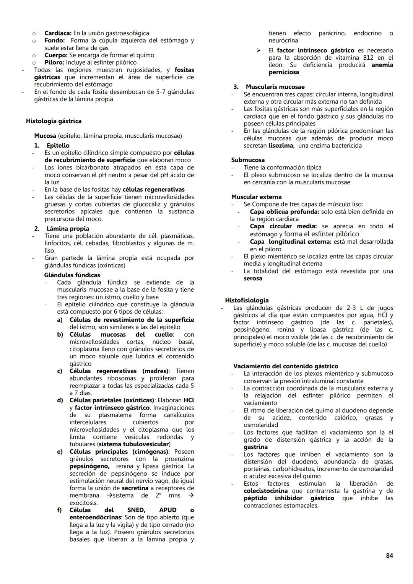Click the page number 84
389,556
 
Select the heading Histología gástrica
54,121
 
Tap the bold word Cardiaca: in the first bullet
58,33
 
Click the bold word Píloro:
54,62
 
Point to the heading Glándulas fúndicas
72,275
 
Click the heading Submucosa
248,160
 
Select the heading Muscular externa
256,197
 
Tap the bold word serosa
253,278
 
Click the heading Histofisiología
247,300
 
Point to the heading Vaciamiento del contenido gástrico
286,366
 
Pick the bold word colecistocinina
266,491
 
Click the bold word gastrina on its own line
255,447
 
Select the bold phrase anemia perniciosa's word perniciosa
284,72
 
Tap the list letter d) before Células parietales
60,400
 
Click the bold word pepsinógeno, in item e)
89,467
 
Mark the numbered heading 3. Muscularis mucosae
269,87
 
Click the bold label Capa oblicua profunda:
285,212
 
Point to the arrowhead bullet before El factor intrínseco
259,50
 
